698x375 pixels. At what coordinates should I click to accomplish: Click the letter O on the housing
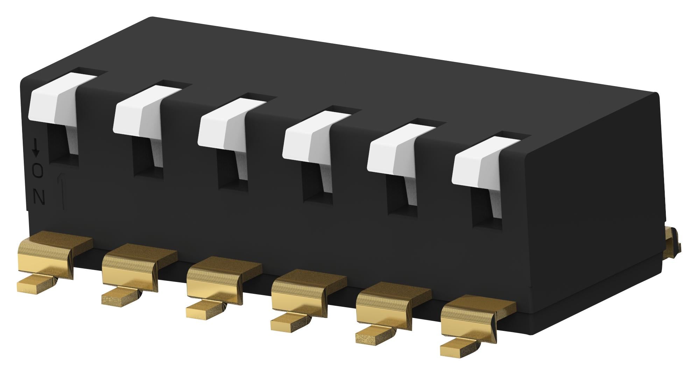pos(38,171)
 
